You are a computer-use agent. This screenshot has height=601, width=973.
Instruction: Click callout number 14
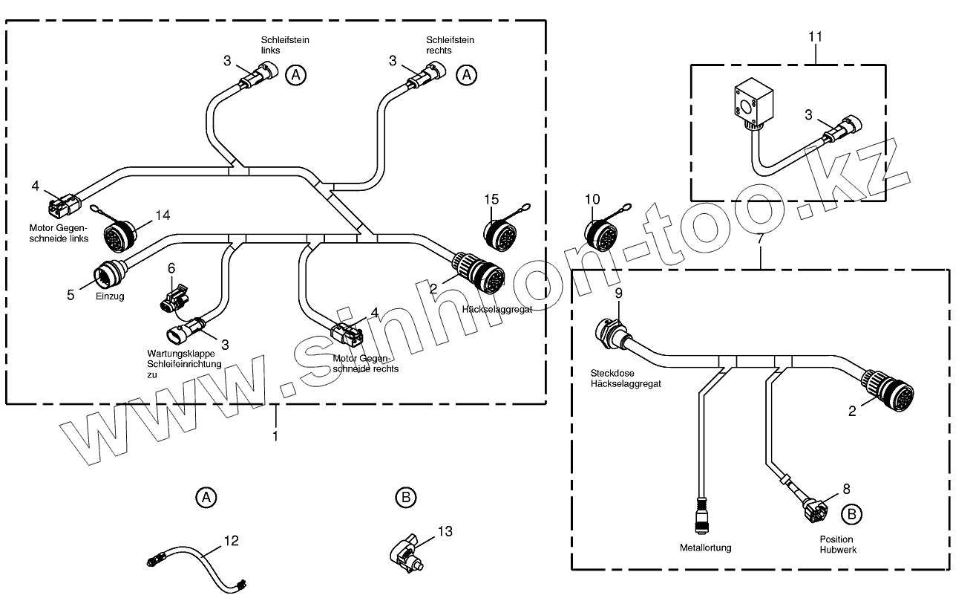point(162,215)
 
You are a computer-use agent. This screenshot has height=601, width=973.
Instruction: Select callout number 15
point(491,199)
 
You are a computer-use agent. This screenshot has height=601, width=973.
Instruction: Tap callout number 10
point(592,199)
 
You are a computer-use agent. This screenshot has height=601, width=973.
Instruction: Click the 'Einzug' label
point(109,296)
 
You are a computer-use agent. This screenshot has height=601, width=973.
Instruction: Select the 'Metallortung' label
point(705,548)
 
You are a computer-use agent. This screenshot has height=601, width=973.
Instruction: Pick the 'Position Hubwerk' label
point(836,544)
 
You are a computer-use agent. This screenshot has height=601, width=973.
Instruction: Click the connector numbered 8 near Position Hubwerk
point(815,510)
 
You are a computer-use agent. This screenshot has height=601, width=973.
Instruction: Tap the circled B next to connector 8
point(851,513)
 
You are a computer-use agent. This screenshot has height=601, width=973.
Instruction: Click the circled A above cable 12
point(206,497)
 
